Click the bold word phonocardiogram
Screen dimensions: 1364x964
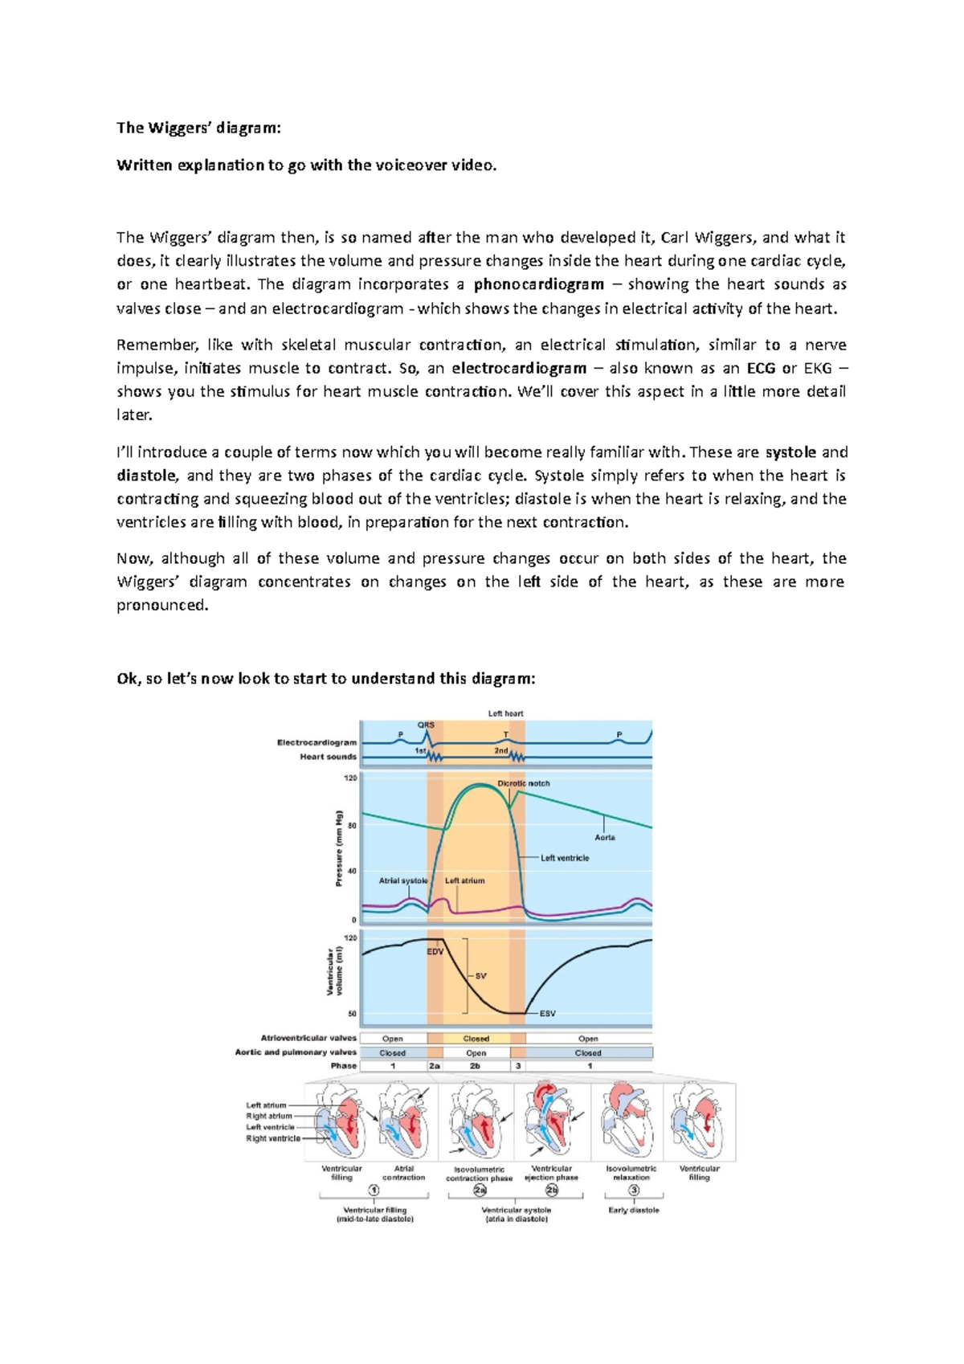tap(538, 284)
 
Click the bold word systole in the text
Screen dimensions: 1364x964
tap(790, 452)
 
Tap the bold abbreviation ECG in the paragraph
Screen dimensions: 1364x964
tap(761, 369)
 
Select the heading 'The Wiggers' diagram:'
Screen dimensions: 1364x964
tap(198, 128)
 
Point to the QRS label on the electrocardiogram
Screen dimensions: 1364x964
tap(425, 725)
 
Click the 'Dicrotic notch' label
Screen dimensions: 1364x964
tap(524, 783)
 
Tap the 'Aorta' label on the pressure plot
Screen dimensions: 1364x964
tap(605, 837)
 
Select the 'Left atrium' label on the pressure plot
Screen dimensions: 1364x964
tap(465, 880)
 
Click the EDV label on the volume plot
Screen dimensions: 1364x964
tap(435, 952)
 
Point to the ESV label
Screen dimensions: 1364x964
tap(547, 1014)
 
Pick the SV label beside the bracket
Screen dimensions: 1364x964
tap(480, 976)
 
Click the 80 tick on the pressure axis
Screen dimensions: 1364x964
tap(351, 825)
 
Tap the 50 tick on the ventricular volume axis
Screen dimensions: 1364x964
tap(351, 1014)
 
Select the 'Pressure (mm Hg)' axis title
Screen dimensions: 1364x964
tap(339, 848)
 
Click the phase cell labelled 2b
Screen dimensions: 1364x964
tap(475, 1066)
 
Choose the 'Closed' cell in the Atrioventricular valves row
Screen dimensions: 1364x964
tap(476, 1039)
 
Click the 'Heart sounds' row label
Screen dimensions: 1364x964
tap(328, 757)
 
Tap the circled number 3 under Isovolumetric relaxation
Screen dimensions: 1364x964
tap(634, 1190)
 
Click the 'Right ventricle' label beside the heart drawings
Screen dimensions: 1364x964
tap(273, 1138)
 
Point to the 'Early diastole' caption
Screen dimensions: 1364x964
tap(634, 1211)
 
